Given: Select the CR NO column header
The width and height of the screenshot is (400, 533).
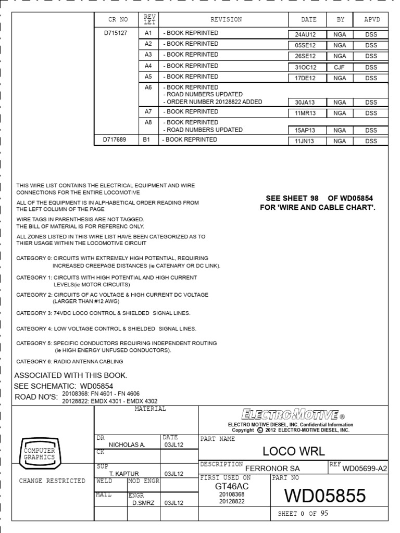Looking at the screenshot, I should (118, 19).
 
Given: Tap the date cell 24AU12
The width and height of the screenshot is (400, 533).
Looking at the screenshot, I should (305, 34).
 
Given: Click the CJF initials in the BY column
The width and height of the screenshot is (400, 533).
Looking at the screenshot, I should (340, 68).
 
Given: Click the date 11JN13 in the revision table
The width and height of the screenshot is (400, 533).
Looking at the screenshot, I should (305, 141).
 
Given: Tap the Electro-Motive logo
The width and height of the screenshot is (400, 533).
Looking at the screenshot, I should (293, 415).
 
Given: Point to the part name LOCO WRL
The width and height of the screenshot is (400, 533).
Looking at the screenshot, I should (293, 450).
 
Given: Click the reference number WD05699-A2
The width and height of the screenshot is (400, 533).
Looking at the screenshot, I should (365, 468).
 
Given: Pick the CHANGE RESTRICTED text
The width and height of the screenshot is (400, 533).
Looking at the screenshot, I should (52, 481).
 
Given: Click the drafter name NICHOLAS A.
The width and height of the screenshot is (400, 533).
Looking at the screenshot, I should (127, 445).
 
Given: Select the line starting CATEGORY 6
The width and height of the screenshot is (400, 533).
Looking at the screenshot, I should (69, 361).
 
